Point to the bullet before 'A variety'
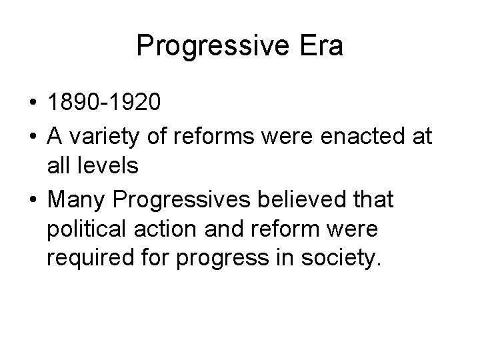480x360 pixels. tap(33, 137)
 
